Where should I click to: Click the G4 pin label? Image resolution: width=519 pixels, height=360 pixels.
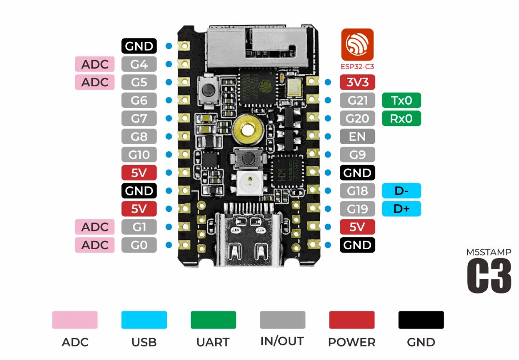click(139, 64)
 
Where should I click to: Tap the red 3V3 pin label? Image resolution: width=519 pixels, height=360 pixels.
click(357, 82)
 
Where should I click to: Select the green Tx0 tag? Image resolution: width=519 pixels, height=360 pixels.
click(401, 101)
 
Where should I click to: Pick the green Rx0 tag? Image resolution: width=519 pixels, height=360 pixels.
click(401, 119)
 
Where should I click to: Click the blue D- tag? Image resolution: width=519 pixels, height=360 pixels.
click(401, 191)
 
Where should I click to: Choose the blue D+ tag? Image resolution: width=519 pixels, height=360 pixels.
click(401, 209)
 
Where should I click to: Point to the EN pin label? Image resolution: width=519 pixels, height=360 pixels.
click(357, 137)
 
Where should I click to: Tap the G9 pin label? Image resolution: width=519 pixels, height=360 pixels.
click(357, 155)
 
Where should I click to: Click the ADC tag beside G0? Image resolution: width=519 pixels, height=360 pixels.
click(95, 245)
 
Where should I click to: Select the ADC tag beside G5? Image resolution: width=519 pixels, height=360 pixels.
click(95, 82)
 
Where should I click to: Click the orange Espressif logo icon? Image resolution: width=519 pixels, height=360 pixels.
click(357, 44)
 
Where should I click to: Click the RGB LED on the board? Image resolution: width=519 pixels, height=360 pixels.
click(248, 182)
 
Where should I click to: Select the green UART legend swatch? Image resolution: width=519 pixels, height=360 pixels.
click(213, 320)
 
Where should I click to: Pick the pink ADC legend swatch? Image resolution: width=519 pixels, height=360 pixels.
click(75, 320)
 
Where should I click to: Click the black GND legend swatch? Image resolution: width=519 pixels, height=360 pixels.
click(421, 320)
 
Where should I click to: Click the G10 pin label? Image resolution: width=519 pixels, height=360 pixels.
click(139, 155)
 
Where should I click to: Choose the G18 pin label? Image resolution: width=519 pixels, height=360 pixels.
click(357, 191)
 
